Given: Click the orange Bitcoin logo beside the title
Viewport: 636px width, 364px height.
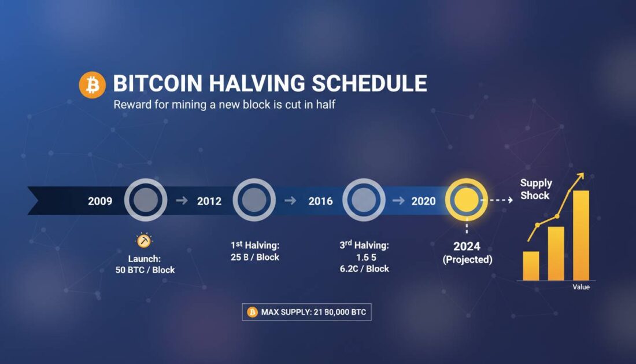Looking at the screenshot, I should click(93, 85).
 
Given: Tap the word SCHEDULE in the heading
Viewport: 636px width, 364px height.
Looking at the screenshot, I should click(370, 84).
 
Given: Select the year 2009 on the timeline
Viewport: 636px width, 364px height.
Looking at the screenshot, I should click(100, 201).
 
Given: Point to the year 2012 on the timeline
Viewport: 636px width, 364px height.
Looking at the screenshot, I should click(209, 201).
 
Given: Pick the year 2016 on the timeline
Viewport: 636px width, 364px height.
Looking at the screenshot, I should click(320, 201).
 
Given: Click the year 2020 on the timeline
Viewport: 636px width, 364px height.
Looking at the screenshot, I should click(423, 201).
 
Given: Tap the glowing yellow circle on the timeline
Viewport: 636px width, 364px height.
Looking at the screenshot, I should click(466, 200).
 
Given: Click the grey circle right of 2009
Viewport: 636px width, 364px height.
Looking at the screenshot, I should click(145, 200).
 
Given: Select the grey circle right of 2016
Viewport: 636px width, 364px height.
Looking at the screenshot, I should click(364, 200).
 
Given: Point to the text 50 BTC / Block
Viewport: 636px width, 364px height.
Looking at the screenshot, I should click(145, 270).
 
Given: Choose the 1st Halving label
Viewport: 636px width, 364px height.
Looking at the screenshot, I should click(254, 245).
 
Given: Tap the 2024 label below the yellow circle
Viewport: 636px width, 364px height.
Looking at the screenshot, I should click(467, 247).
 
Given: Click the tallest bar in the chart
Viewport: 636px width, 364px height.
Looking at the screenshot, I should click(580, 236).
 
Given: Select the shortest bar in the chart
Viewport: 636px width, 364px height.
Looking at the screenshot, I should click(531, 266).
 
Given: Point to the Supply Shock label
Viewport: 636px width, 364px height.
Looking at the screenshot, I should click(536, 189).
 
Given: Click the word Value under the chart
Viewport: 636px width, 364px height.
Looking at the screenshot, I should click(581, 287).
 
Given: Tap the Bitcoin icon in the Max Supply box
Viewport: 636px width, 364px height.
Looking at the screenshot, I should click(252, 312).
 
